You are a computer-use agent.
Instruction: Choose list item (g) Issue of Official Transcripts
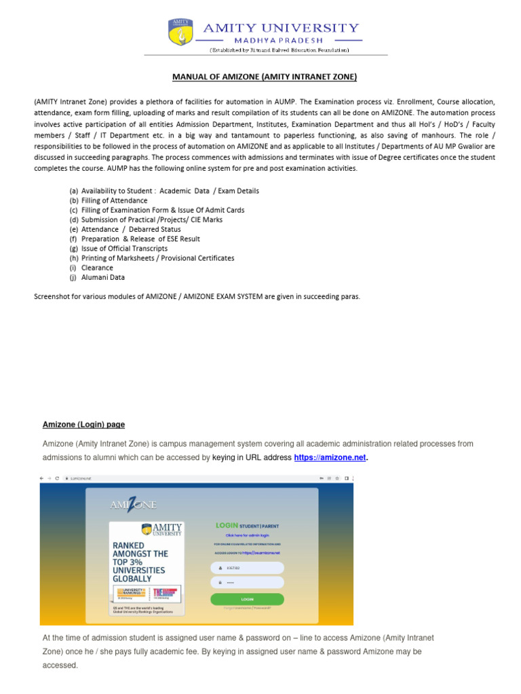[x=119, y=248]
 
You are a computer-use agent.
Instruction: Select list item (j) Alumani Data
[x=97, y=277]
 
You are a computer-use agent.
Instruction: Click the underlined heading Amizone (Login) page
[x=83, y=424]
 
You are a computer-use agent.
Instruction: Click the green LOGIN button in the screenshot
[x=247, y=599]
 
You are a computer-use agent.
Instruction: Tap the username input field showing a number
[x=247, y=568]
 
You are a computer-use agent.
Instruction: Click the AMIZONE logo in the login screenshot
[x=133, y=504]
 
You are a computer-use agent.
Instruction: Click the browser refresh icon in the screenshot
[x=57, y=478]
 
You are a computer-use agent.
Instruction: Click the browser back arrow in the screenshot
[x=42, y=478]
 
